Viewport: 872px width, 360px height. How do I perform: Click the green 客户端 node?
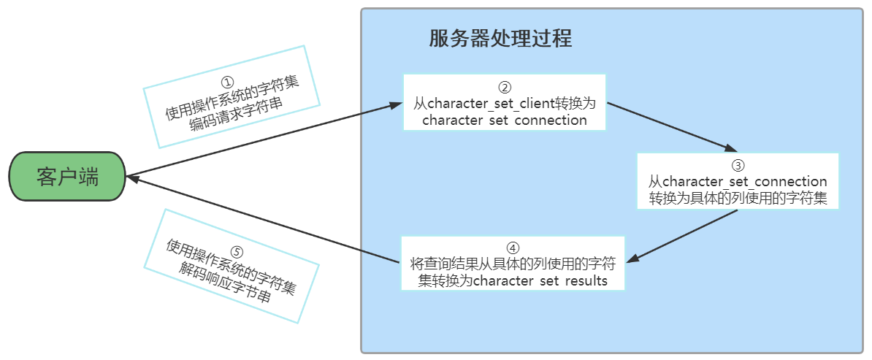(x=68, y=177)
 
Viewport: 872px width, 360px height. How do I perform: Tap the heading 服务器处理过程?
(x=500, y=39)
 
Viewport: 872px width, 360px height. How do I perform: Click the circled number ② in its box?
(x=505, y=85)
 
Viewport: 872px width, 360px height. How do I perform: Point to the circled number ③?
(x=738, y=165)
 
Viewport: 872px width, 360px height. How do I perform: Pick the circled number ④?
(x=513, y=247)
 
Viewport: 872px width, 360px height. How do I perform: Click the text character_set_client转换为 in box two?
(x=505, y=103)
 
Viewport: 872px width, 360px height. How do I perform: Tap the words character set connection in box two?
(x=505, y=120)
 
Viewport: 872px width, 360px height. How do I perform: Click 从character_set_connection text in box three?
(x=738, y=182)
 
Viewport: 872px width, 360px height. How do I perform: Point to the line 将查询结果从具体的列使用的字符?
(x=513, y=264)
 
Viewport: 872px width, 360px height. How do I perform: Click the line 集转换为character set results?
(x=513, y=280)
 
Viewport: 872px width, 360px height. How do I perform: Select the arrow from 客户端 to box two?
(x=263, y=140)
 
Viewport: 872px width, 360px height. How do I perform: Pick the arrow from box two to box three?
(x=668, y=126)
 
